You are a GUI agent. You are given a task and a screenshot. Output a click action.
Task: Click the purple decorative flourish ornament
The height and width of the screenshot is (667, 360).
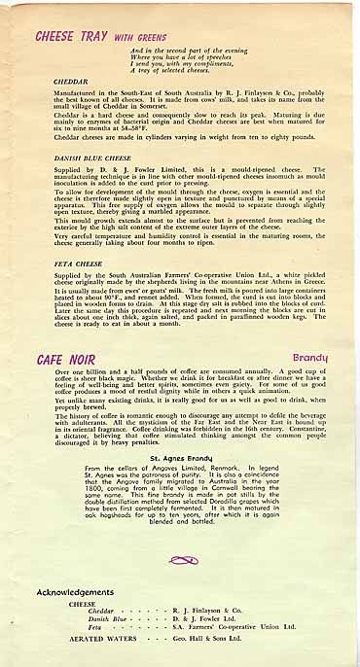point(182,559)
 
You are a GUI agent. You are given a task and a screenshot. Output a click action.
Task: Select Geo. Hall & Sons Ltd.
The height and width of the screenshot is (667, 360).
point(200,640)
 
